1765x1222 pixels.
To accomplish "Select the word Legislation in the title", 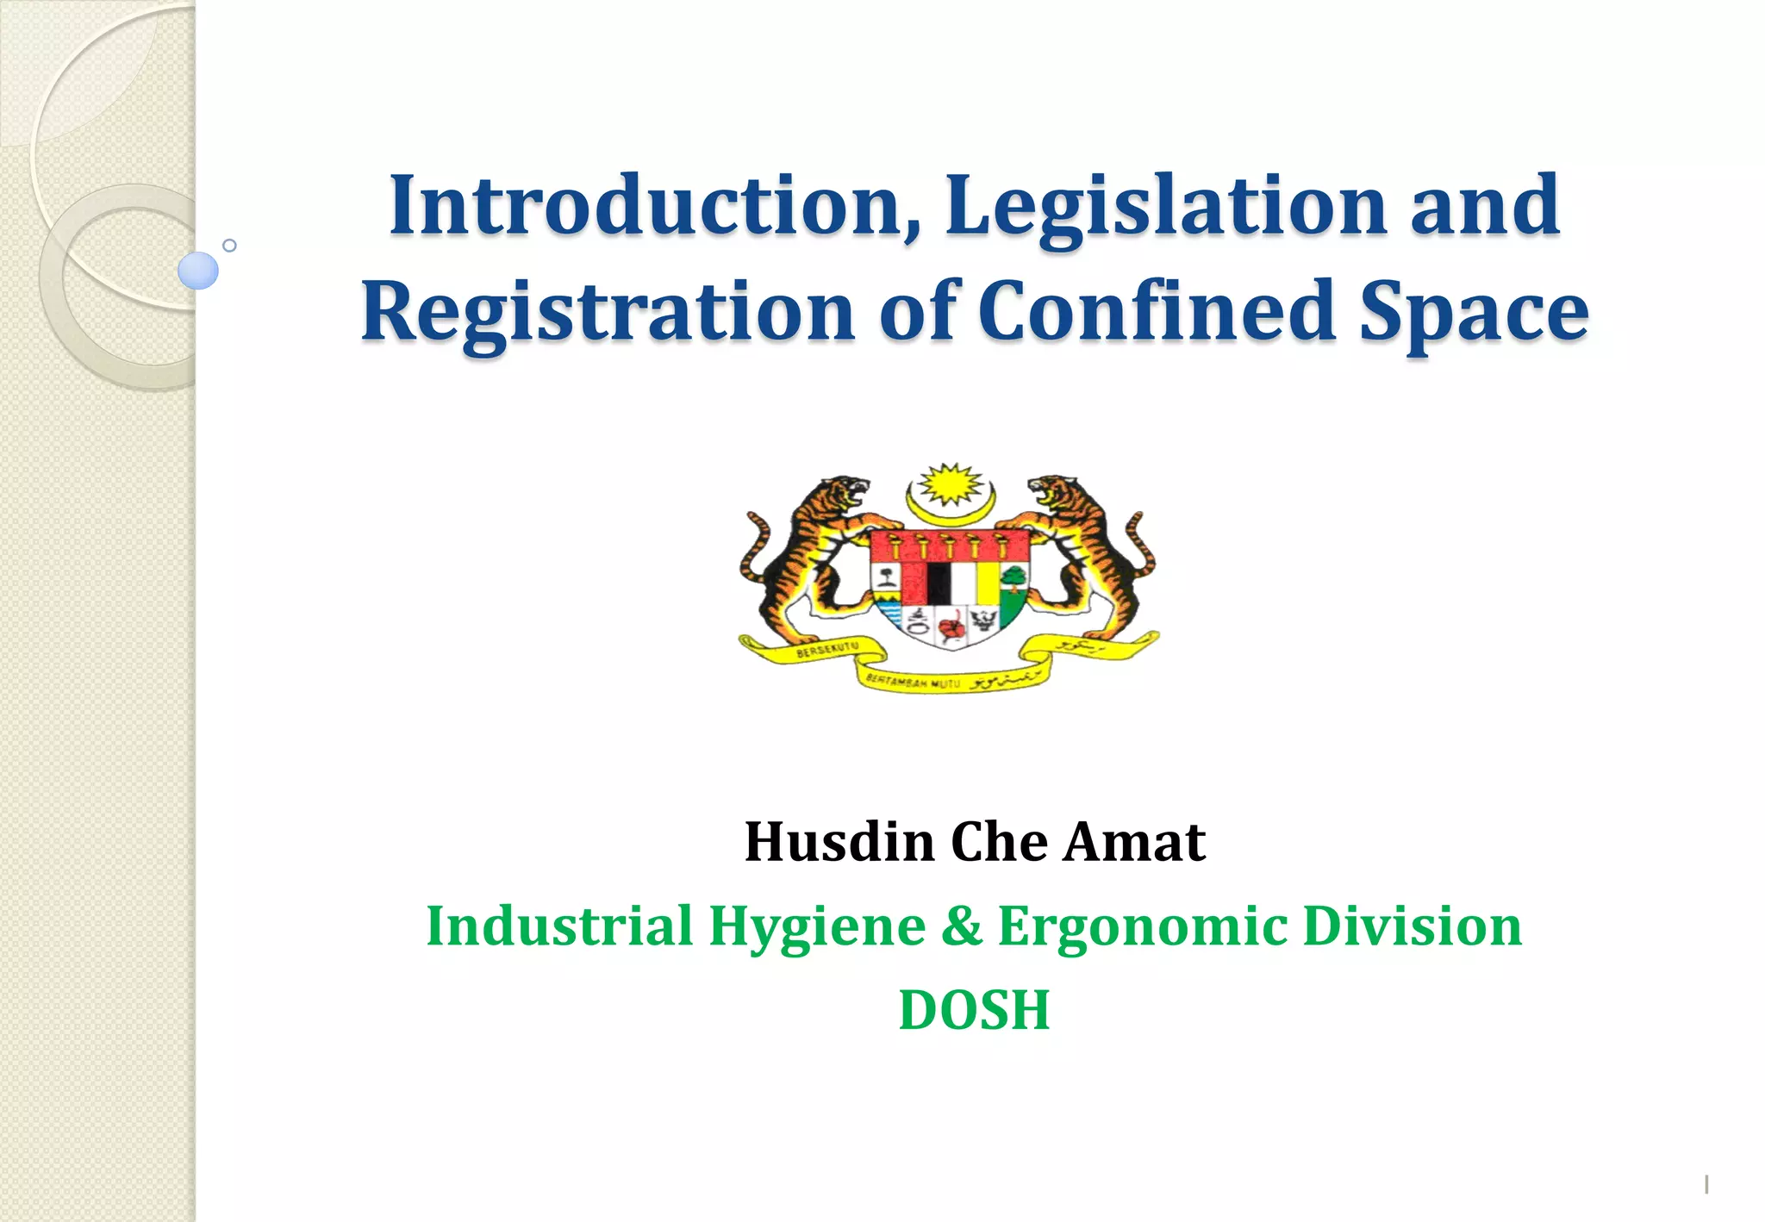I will [x=1166, y=207].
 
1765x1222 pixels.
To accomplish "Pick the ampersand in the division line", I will [x=962, y=926].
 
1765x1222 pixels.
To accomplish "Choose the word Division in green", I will [x=1412, y=926].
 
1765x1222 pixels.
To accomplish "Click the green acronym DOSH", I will [x=974, y=1010].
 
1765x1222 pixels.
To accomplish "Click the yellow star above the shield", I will [x=950, y=484].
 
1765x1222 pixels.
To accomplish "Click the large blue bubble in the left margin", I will [x=197, y=271].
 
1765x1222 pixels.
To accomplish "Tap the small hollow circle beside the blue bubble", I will [x=229, y=246].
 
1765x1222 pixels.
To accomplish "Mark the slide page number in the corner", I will [x=1706, y=1184].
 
